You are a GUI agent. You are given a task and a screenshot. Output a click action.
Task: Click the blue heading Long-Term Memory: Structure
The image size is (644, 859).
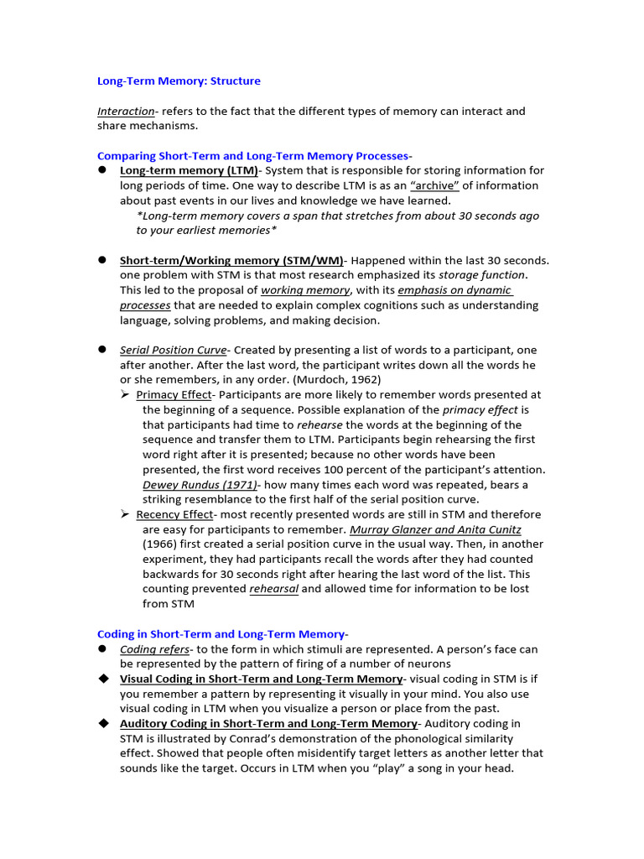[179, 81]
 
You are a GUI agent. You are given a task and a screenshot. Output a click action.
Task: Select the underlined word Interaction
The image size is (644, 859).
[126, 112]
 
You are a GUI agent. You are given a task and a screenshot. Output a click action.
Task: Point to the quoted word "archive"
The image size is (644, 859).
[434, 185]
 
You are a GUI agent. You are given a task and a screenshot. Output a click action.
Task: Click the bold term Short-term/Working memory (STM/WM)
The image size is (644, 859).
[231, 261]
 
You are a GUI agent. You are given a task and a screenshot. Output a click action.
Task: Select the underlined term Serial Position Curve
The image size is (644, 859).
[173, 350]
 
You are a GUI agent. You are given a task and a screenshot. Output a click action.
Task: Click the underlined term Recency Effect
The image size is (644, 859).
[174, 514]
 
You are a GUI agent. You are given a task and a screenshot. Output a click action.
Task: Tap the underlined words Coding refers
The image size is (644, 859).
[154, 650]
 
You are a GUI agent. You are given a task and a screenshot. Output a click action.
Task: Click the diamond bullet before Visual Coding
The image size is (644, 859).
[104, 678]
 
